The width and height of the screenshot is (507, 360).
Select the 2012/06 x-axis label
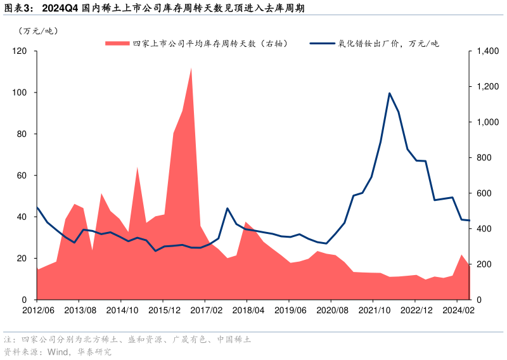[37, 310]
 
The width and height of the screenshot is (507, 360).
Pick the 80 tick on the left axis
[22, 134]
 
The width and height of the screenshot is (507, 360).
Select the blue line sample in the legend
[322, 44]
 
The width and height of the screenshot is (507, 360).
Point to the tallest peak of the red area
[191, 68]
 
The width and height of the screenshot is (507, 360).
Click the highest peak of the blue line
[389, 93]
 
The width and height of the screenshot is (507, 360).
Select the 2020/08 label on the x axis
[331, 310]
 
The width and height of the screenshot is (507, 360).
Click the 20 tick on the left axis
[22, 259]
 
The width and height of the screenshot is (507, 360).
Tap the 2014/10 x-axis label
[121, 310]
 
